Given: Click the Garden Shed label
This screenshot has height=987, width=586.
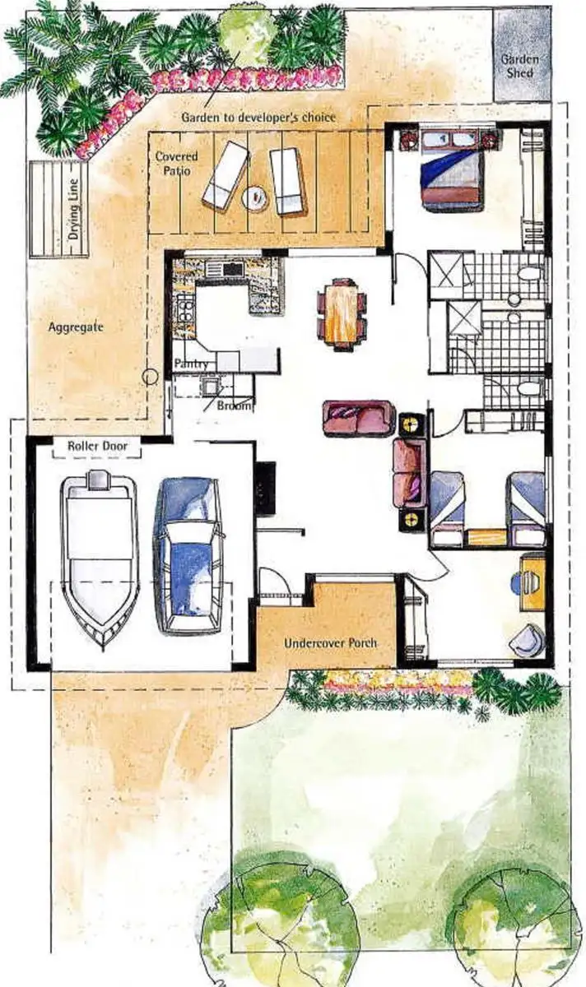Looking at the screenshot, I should point(520,66).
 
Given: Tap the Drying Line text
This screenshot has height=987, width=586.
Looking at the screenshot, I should point(75,209).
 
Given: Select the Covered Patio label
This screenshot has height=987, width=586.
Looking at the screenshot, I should point(176,163).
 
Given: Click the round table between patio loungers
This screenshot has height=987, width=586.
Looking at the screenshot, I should point(256,197).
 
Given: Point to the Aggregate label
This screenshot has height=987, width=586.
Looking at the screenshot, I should point(75,327).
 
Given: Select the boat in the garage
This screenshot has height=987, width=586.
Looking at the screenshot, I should point(99,559).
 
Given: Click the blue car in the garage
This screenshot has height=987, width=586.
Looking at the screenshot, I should point(188,555).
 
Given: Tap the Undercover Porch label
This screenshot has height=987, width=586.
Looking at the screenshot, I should point(330,642).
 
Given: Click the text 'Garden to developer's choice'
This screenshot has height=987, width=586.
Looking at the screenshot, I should point(258,118).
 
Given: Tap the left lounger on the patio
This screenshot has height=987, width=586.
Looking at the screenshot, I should point(225,176).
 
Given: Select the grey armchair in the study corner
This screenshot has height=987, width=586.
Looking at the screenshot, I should point(527,640).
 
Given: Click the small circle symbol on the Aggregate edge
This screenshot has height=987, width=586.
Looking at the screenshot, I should point(150,378).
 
